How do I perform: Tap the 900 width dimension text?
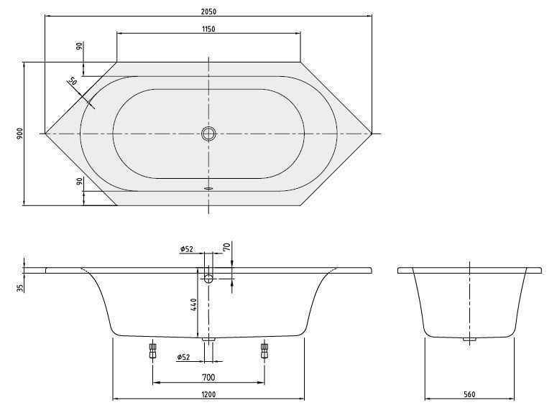pos(20,134)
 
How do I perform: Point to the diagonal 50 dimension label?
pos(72,82)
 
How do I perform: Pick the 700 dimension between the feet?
pos(208,377)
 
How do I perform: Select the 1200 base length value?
pos(208,394)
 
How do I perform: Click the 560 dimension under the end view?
pos(469,394)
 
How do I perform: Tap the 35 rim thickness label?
pos(20,287)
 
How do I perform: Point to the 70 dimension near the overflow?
pos(226,247)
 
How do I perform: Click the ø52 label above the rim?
pos(187,249)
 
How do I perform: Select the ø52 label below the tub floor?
pos(184,358)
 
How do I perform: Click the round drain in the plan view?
pos(208,134)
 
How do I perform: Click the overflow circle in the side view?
pos(208,278)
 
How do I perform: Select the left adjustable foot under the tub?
pos(152,351)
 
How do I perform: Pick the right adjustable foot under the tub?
pos(264,351)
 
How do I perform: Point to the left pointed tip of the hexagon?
pos(46,134)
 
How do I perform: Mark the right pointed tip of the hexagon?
pos(372,134)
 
